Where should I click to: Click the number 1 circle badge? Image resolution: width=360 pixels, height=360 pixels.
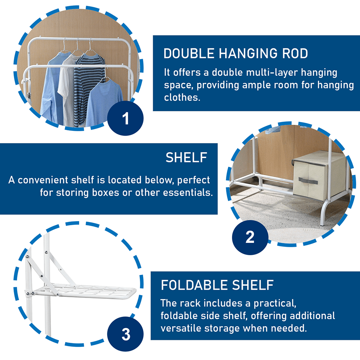click(x=125, y=118)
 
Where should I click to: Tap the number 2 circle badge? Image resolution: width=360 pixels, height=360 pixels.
click(x=250, y=237)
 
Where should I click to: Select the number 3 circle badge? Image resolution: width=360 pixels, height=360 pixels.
click(x=125, y=334)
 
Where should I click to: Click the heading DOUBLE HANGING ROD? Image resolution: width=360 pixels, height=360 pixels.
click(x=236, y=54)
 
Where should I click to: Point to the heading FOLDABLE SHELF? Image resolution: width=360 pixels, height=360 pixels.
click(x=217, y=285)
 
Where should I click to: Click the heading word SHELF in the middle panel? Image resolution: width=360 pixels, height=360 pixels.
click(x=186, y=158)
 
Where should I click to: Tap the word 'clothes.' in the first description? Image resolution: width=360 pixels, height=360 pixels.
click(x=182, y=97)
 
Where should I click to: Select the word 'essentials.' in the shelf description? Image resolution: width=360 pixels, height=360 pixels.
click(x=188, y=192)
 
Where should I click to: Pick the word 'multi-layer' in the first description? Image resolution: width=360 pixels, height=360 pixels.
click(x=272, y=72)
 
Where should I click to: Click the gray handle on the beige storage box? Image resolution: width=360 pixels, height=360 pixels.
click(x=308, y=180)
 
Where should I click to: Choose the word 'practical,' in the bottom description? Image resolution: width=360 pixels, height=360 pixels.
click(x=275, y=304)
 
